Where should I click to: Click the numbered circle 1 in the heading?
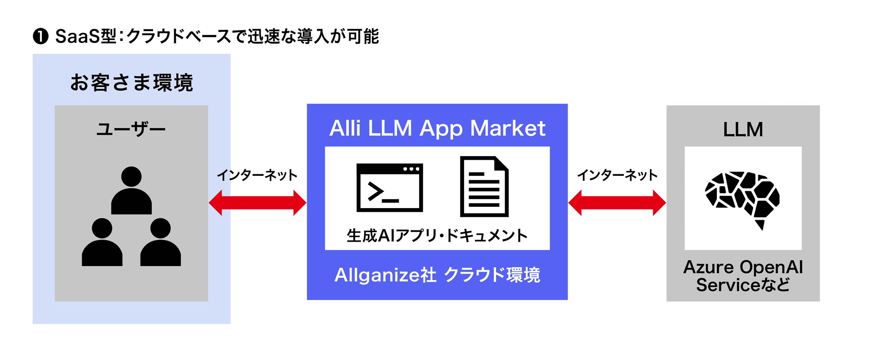[x=41, y=36]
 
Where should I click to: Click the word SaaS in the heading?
[x=78, y=36]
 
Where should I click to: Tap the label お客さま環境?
[x=132, y=82]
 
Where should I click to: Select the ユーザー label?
[x=131, y=130]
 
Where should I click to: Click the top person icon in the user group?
[x=132, y=190]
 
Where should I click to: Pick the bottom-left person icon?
[x=102, y=242]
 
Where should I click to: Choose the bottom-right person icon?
[x=161, y=242]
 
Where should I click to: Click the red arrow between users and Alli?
[x=257, y=203]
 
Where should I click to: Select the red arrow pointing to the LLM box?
[x=617, y=203]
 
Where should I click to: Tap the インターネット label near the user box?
[x=257, y=175]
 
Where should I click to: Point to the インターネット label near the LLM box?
[x=617, y=175]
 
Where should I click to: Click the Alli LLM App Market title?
[x=437, y=128]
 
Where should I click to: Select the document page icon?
[x=484, y=187]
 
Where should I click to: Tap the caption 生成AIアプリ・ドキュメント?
[x=437, y=235]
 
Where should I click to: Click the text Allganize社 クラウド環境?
[x=437, y=275]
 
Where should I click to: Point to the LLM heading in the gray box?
[x=743, y=130]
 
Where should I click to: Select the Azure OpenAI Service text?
[x=743, y=276]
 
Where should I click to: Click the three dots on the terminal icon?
[x=411, y=169]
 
